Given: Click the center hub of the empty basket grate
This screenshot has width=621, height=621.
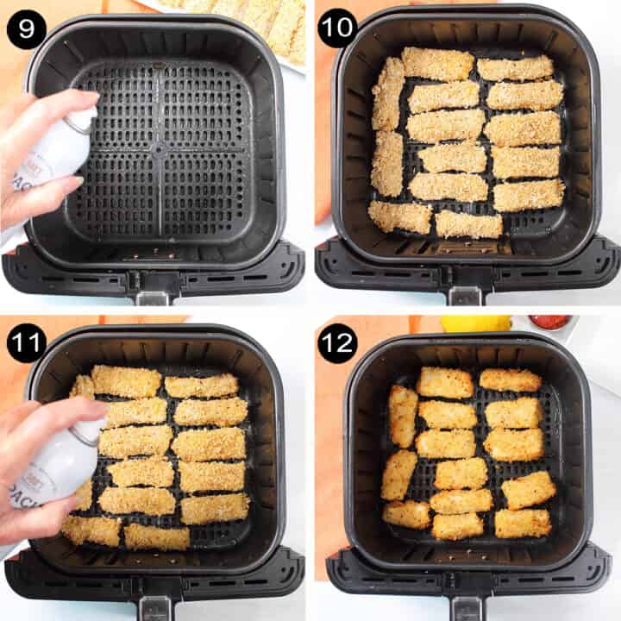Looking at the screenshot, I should pyautogui.click(x=159, y=148).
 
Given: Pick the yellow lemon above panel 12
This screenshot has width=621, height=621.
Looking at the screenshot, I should pyautogui.click(x=475, y=323).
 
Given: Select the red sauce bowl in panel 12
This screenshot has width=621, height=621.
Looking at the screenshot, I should pyautogui.click(x=550, y=323).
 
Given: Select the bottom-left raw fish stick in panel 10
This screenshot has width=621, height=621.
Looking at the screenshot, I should pyautogui.click(x=399, y=216).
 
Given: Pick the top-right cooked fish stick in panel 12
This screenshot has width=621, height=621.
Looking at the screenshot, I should pyautogui.click(x=511, y=379).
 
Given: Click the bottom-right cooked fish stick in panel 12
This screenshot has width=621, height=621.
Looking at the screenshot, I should pyautogui.click(x=523, y=523).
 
